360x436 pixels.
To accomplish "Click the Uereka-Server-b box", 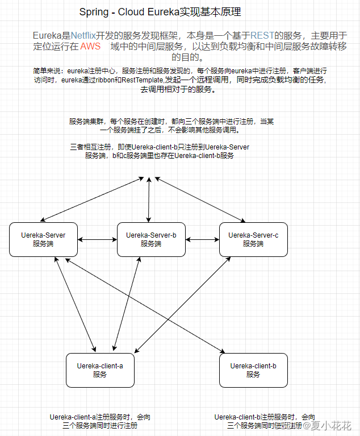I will (151, 239).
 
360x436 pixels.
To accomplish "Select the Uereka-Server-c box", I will (253, 239).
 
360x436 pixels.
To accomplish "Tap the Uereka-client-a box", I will (100, 370).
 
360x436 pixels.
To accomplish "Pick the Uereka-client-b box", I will (253, 370).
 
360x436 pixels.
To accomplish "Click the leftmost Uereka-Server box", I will (43, 239).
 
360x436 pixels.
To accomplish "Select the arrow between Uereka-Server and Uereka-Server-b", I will (97, 240).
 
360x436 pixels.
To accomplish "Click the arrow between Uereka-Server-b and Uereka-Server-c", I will (202, 240).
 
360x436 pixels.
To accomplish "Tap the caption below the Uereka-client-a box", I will (100, 421).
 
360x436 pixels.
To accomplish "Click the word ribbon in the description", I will (106, 80).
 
